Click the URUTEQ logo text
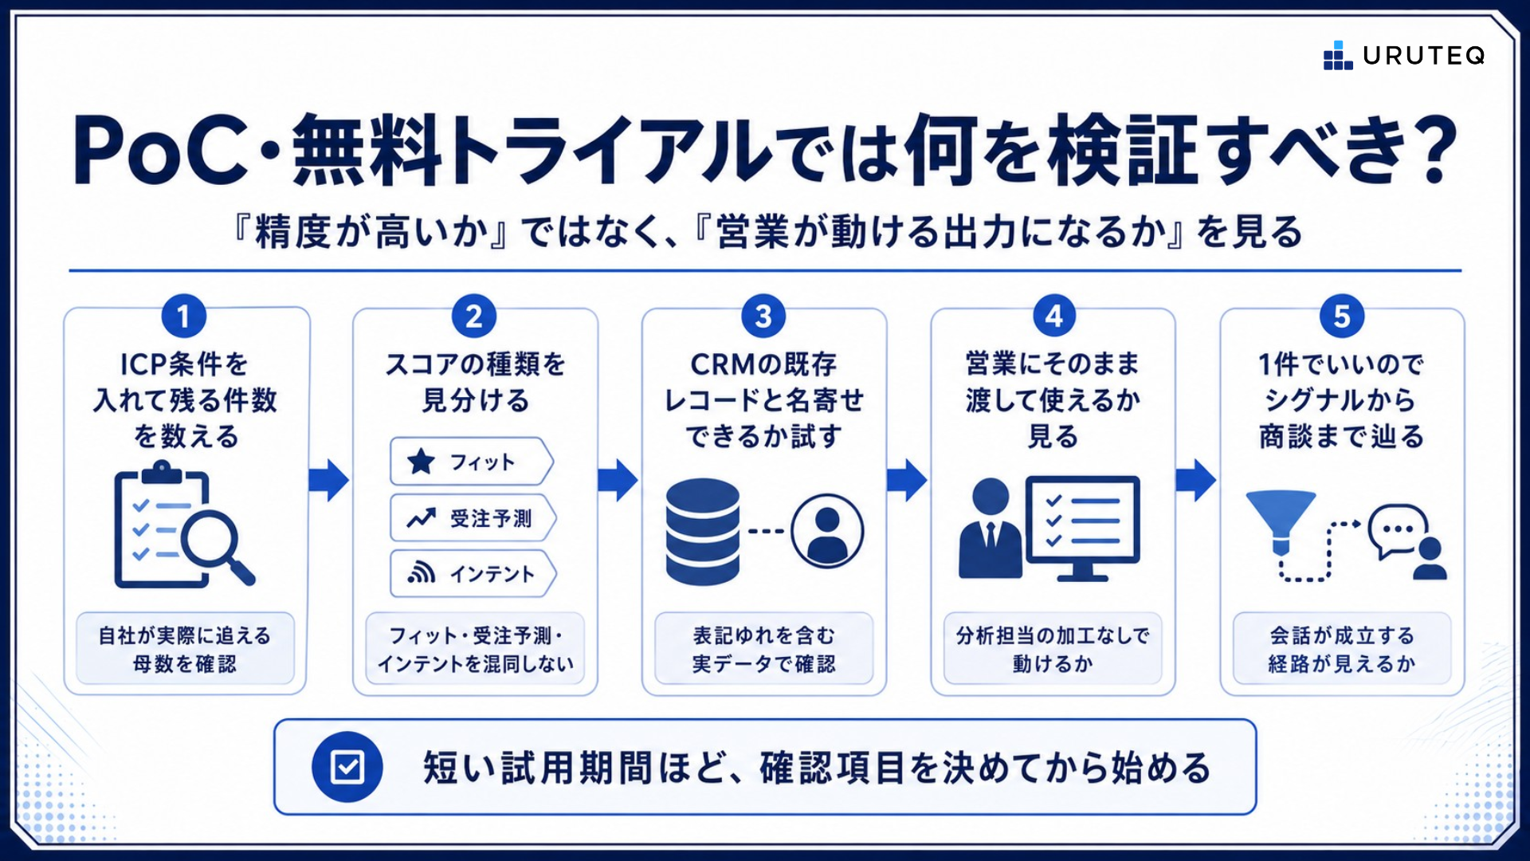point(1423,56)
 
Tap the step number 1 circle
point(184,316)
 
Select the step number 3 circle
point(763,316)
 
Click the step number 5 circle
point(1342,316)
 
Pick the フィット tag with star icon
point(471,462)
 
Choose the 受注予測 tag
point(473,518)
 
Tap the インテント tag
point(473,573)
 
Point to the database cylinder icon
point(702,532)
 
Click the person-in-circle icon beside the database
point(827,531)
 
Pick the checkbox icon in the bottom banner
point(347,767)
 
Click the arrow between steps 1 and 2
point(329,480)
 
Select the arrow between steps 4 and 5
point(1196,480)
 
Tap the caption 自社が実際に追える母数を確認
point(185,649)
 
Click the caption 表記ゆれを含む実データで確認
point(763,649)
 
